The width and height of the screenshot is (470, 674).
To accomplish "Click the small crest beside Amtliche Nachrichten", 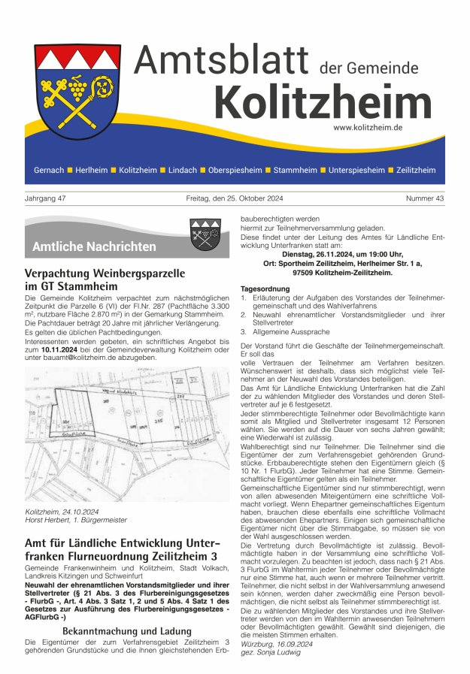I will click(205, 235).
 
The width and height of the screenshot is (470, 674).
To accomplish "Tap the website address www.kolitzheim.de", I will click(368, 128).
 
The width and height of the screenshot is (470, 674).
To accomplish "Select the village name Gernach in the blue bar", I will click(49, 170).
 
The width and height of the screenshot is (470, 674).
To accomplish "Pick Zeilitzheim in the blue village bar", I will click(416, 170).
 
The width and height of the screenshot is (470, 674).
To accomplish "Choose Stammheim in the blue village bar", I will click(296, 170).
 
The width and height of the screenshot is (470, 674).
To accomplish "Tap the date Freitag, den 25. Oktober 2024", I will click(235, 198).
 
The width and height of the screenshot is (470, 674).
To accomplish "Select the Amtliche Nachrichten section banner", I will click(94, 246).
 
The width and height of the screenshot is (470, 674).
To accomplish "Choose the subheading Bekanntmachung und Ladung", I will click(126, 631).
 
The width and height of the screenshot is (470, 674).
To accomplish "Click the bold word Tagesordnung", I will click(265, 289).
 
